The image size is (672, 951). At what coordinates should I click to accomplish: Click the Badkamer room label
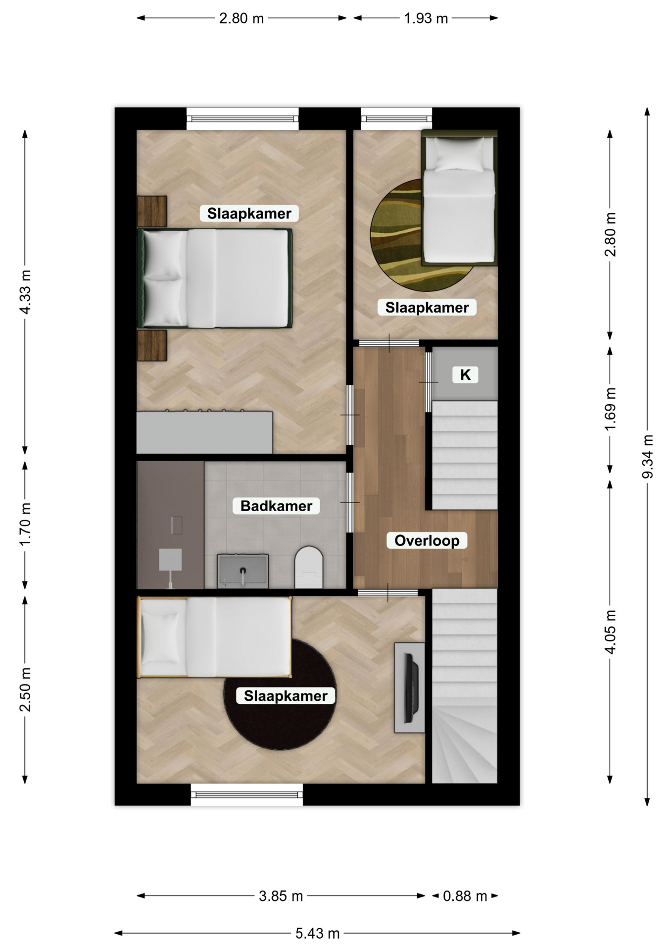click(276, 506)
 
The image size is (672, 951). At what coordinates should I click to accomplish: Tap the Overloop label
click(427, 540)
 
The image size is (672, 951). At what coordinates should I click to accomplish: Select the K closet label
click(465, 375)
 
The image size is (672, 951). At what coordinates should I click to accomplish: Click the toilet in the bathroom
click(309, 567)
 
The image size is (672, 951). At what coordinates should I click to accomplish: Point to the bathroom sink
click(243, 571)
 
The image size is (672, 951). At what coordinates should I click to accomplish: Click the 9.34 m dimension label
click(647, 456)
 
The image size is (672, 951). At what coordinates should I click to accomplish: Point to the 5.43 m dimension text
click(318, 934)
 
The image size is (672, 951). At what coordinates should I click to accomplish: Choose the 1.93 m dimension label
click(426, 18)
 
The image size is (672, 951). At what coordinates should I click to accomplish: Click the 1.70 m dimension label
click(25, 524)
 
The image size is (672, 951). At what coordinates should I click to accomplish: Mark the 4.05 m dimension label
click(610, 632)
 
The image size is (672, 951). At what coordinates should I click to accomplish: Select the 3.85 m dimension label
click(281, 896)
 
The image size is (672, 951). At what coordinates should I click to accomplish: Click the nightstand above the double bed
click(152, 211)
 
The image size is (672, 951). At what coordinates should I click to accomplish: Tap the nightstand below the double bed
click(152, 346)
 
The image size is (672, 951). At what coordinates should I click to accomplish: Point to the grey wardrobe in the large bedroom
click(204, 432)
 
